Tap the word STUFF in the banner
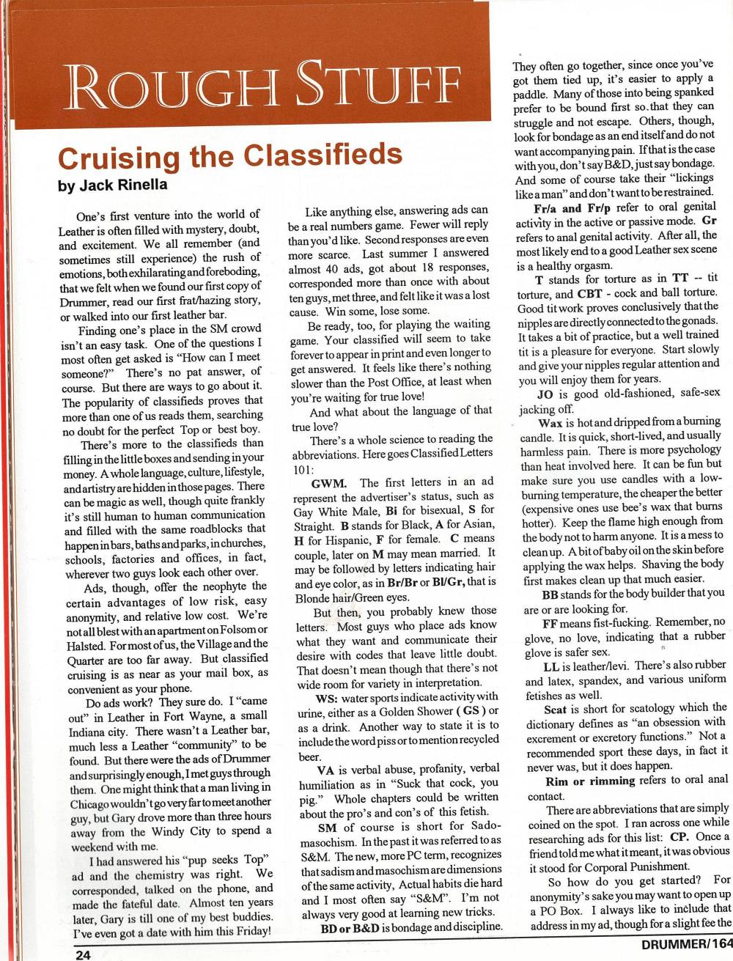pyautogui.click(x=382, y=86)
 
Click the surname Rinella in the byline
pyautogui.click(x=141, y=185)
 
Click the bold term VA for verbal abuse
pyautogui.click(x=326, y=770)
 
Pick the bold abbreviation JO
pyautogui.click(x=545, y=394)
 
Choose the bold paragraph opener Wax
pyautogui.click(x=550, y=423)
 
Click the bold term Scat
pyautogui.click(x=556, y=708)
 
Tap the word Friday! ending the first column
pyautogui.click(x=247, y=933)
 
